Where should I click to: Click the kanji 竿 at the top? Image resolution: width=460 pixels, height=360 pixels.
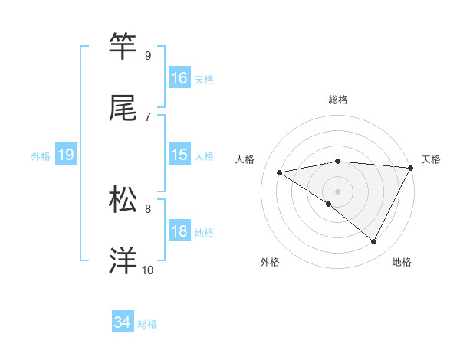pyautogui.click(x=123, y=47)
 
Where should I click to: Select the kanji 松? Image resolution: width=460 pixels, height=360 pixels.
pyautogui.click(x=123, y=199)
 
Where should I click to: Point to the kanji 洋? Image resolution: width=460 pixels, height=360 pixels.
pyautogui.click(x=123, y=260)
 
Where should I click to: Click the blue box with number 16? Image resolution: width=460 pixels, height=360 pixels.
pyautogui.click(x=179, y=78)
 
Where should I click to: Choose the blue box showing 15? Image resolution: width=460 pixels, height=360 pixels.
pyautogui.click(x=179, y=155)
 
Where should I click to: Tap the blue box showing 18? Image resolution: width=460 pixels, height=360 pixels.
pyautogui.click(x=179, y=231)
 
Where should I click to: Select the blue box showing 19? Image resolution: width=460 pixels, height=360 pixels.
pyautogui.click(x=65, y=155)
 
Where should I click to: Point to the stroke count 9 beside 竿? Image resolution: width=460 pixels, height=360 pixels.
pyautogui.click(x=148, y=56)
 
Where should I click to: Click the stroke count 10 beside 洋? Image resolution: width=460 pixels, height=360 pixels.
pyautogui.click(x=147, y=270)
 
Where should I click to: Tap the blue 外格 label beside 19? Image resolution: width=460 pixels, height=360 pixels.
pyautogui.click(x=41, y=155)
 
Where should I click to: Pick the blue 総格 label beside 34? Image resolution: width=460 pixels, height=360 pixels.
pyautogui.click(x=147, y=324)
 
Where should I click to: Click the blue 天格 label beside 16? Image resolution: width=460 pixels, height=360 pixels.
pyautogui.click(x=204, y=79)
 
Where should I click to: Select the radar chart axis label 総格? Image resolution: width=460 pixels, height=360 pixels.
pyautogui.click(x=338, y=100)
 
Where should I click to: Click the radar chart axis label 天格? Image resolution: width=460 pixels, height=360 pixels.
pyautogui.click(x=432, y=159)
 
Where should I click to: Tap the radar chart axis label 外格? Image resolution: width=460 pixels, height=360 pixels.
pyautogui.click(x=270, y=262)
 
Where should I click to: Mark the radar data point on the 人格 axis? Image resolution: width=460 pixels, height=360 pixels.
pyautogui.click(x=280, y=172)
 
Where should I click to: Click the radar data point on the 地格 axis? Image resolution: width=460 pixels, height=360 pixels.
pyautogui.click(x=374, y=242)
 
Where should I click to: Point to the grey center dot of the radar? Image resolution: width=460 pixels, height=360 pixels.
pyautogui.click(x=337, y=191)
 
